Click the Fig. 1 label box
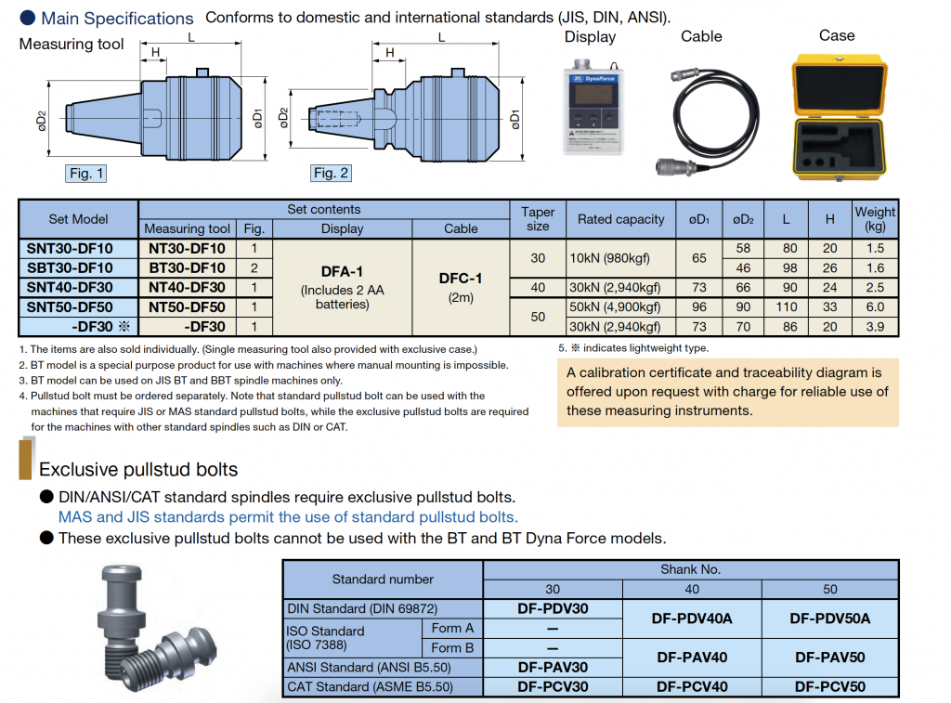coord(87,173)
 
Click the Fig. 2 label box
coord(331,173)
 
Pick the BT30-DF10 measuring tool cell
coord(187,268)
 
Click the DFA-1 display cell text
coord(342,271)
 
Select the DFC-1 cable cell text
coord(461,278)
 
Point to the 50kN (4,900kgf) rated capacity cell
coord(619,307)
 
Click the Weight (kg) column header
coord(875,219)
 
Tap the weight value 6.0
coord(875,307)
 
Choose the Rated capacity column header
coord(620,219)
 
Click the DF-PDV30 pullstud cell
coord(553,609)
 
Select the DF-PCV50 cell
coord(829,687)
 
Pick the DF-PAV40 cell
coord(691,657)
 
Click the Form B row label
coord(452,648)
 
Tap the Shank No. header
coord(690,569)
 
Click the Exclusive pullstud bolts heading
coord(138,469)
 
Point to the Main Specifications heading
coord(117,18)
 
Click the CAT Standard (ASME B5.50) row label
coord(370,687)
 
